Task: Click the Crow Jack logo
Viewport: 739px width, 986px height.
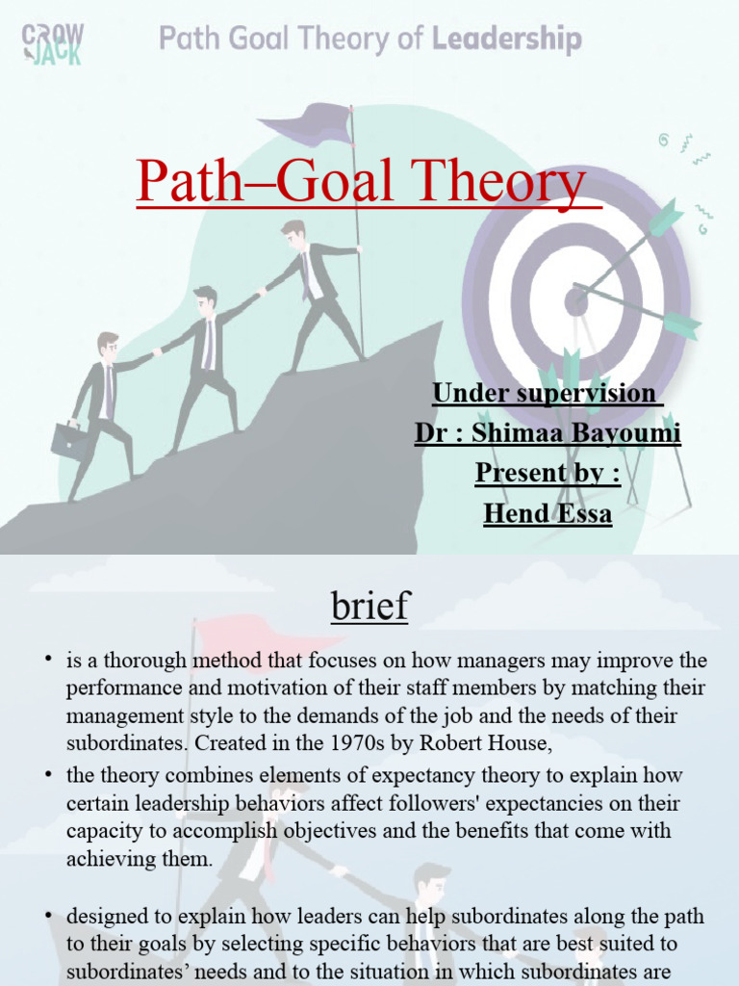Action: pos(52,43)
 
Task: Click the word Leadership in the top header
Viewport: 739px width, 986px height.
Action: pos(507,40)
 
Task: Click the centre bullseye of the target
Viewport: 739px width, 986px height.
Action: pos(576,301)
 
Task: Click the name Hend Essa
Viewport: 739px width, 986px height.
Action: pos(547,513)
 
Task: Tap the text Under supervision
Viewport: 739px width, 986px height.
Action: pos(544,393)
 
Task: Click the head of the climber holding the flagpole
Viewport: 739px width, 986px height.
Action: pos(293,234)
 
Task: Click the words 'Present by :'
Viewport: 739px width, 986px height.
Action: pos(547,473)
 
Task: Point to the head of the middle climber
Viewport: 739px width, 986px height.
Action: pos(204,300)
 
